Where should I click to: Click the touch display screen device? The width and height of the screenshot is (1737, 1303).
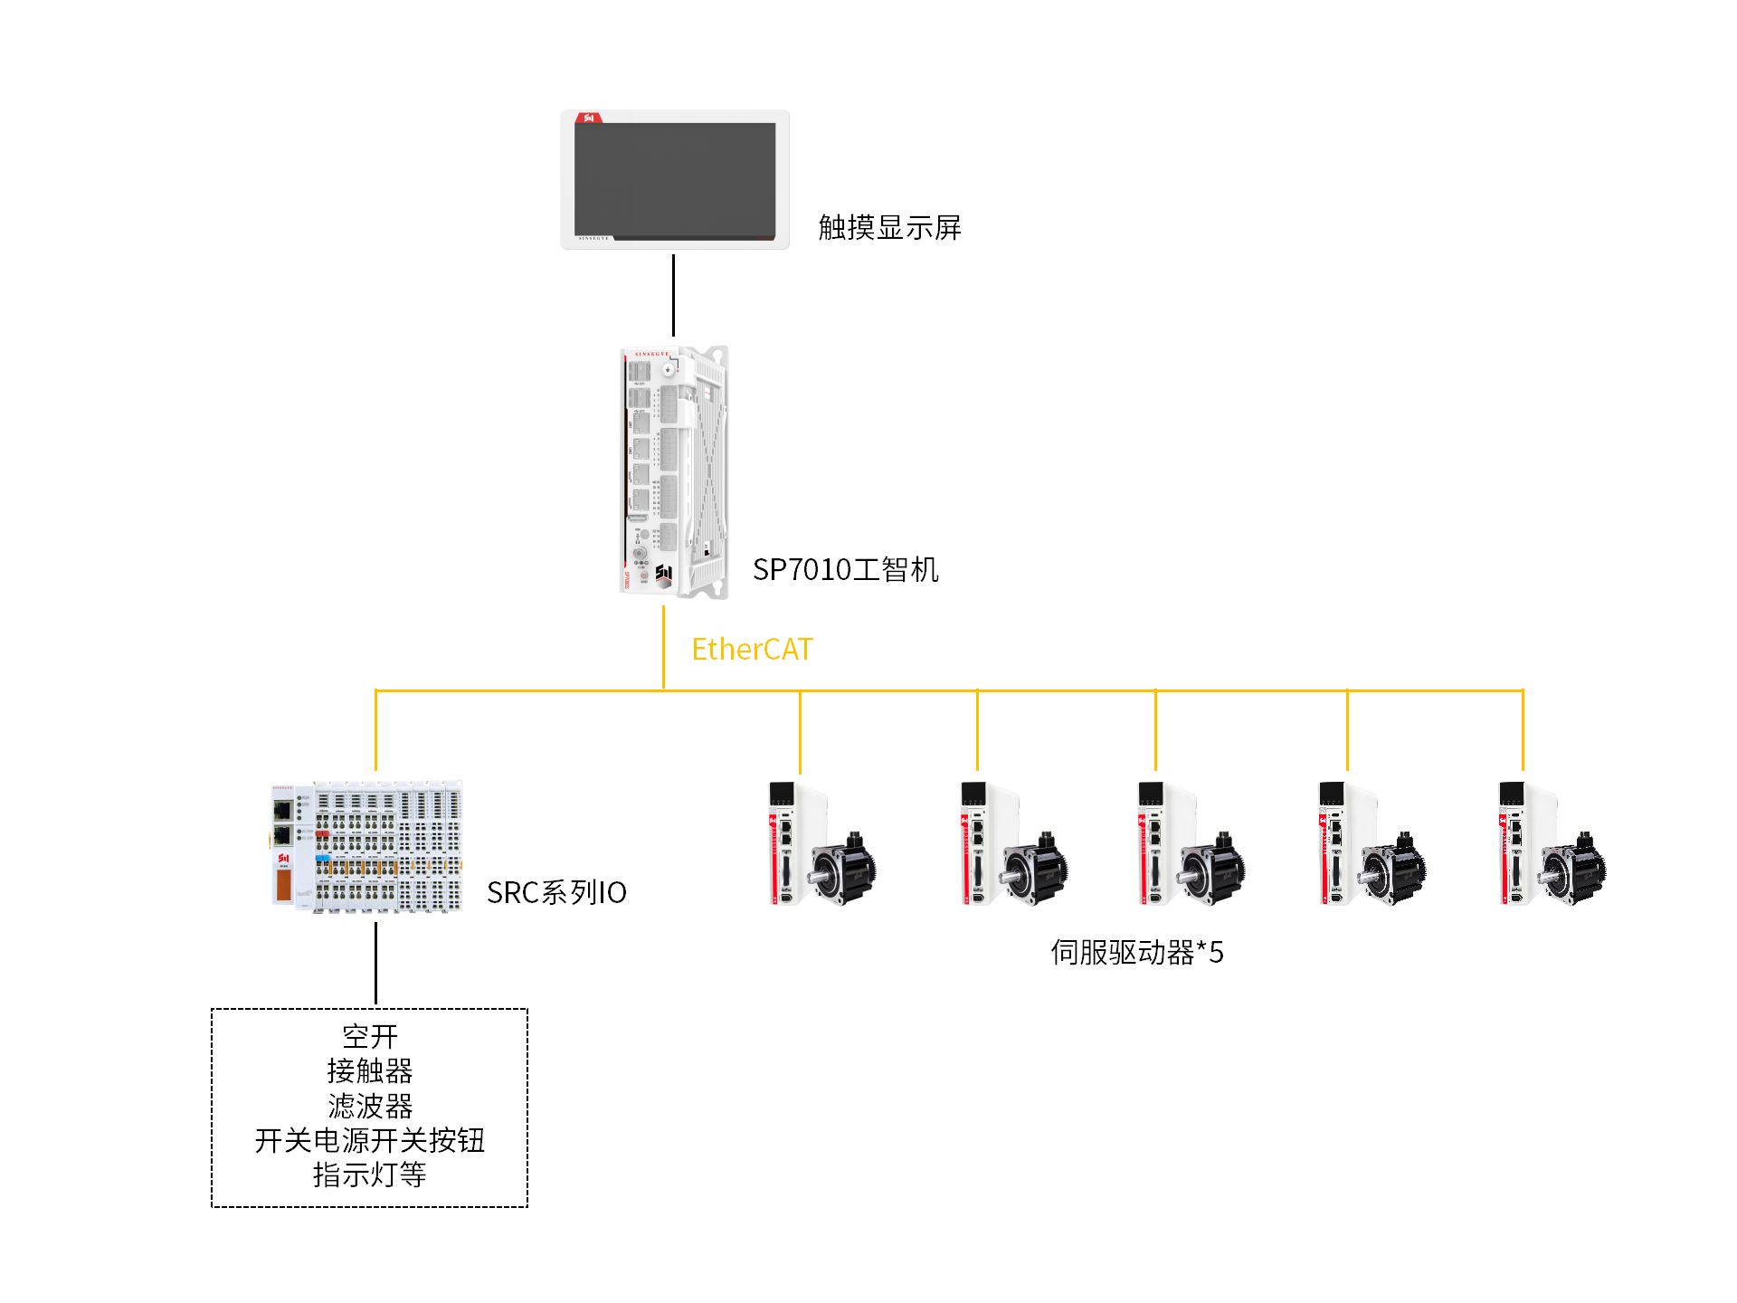click(675, 179)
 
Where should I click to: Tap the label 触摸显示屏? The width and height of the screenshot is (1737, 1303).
click(889, 228)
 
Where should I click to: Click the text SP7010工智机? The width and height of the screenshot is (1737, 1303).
click(845, 570)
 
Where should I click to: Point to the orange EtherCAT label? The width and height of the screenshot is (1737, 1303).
click(752, 650)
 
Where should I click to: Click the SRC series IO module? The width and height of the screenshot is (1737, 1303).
click(367, 846)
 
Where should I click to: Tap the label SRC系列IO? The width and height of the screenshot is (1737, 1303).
click(556, 893)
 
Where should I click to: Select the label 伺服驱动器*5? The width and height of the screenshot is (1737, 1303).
click(1136, 953)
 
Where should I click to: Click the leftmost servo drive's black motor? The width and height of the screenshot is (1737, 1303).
click(843, 869)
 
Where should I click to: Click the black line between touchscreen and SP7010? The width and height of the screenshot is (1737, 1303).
click(673, 295)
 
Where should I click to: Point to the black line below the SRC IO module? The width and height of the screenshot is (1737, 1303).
click(375, 963)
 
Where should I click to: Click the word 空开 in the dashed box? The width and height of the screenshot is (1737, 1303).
click(370, 1037)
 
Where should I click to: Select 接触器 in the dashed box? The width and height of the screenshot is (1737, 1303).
click(370, 1071)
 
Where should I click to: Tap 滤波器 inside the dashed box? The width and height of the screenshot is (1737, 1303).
click(370, 1106)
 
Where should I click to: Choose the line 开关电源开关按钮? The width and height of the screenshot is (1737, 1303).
click(370, 1140)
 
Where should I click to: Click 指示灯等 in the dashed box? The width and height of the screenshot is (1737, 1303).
click(370, 1175)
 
